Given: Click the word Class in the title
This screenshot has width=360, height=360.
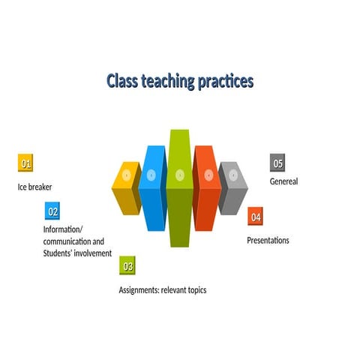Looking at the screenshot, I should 122,81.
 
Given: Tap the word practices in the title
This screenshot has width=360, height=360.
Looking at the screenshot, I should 225,81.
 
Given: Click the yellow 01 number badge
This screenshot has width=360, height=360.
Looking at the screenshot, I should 26,163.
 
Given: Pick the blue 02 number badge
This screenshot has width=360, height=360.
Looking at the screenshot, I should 52,211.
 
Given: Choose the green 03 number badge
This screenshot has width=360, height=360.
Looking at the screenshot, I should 128,265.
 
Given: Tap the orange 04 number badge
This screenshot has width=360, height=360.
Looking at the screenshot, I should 256,216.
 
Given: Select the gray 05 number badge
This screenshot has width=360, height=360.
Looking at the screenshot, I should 277,163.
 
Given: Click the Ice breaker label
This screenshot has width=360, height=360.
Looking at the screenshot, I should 35,187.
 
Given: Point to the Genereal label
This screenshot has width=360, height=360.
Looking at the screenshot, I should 283,181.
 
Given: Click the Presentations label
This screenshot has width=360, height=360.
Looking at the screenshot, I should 268,241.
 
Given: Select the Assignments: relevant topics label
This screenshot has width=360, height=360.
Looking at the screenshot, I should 162,290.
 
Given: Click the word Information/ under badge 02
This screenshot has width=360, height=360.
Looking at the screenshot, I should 64,229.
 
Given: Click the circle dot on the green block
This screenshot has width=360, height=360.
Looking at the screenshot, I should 179,175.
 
